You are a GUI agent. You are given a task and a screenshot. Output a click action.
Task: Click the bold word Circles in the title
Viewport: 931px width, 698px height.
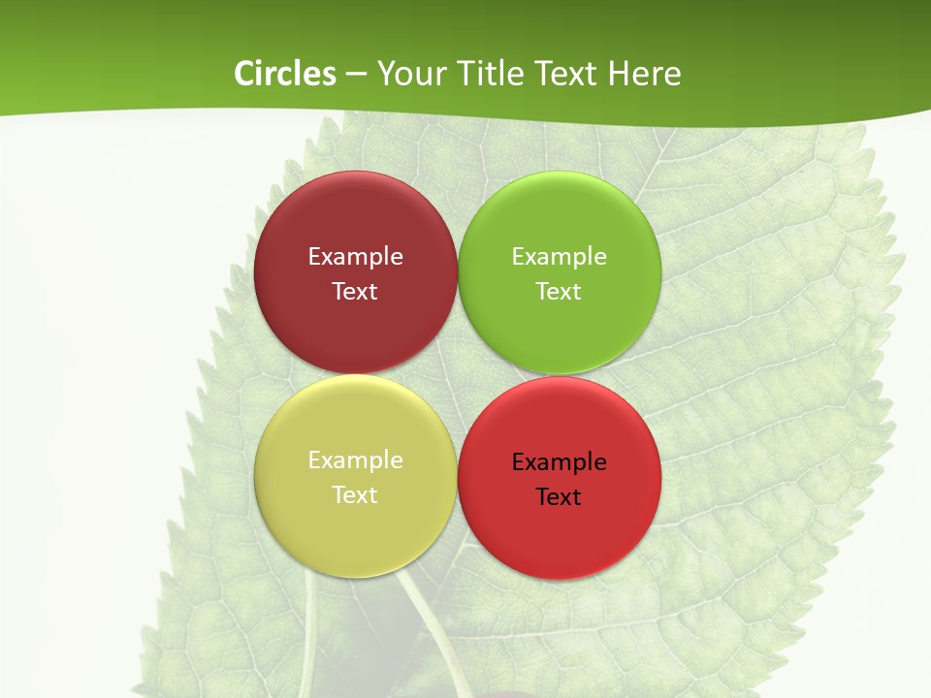coord(284,74)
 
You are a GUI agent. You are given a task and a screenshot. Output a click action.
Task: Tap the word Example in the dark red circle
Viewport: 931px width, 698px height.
coord(355,257)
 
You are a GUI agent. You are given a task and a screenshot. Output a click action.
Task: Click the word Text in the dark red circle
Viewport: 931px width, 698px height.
coord(355,292)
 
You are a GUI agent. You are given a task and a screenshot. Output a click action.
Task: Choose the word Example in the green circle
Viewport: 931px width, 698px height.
coord(559,257)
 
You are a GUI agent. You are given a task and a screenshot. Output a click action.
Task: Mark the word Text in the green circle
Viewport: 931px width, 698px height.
coord(559,292)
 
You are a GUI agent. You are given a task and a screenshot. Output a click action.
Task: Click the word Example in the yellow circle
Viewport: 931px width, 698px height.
coord(355,460)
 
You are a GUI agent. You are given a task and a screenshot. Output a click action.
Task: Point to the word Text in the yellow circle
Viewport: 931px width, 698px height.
coord(355,495)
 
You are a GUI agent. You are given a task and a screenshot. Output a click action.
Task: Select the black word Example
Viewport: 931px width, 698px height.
coord(559,462)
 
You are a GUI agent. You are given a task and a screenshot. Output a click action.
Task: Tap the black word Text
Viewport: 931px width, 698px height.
coord(559,497)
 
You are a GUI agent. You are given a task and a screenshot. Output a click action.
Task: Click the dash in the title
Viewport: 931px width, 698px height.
coord(356,75)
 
